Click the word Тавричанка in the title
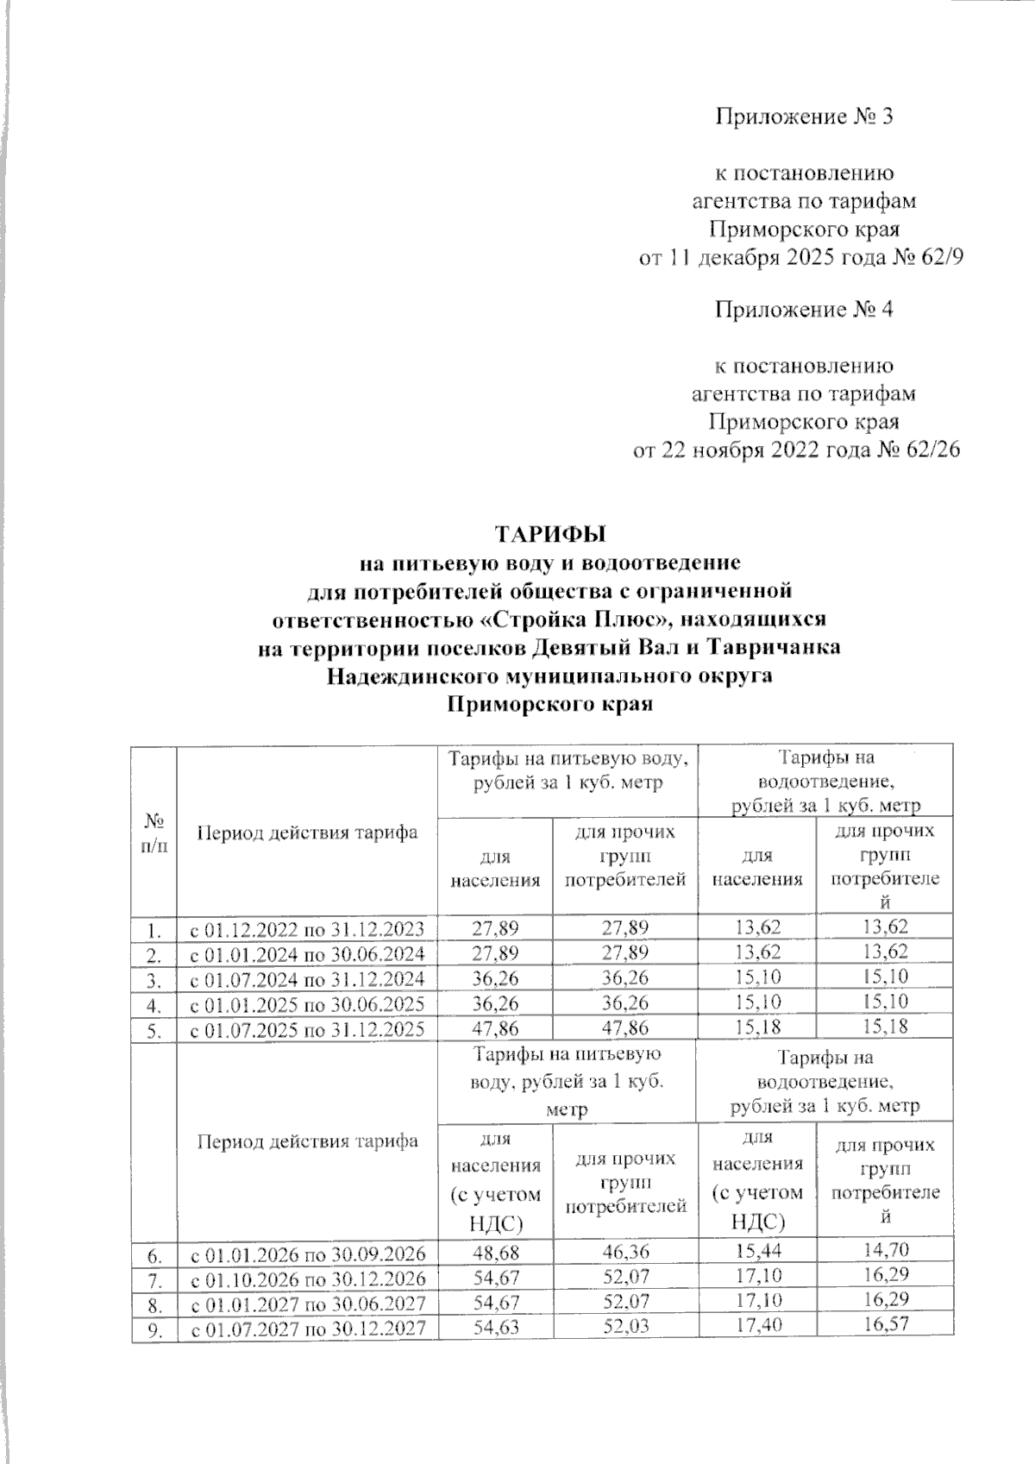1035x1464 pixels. (x=786, y=648)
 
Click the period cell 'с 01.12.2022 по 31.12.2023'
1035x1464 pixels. (x=307, y=929)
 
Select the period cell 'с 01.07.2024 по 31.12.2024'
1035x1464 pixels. (x=307, y=978)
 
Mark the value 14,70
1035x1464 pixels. (x=885, y=1250)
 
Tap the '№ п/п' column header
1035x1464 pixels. (x=154, y=832)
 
